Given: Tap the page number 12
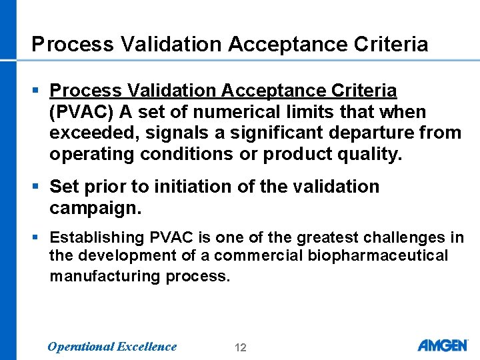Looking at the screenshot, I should pos(241,347).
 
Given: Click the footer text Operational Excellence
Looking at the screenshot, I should pos(112,346).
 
